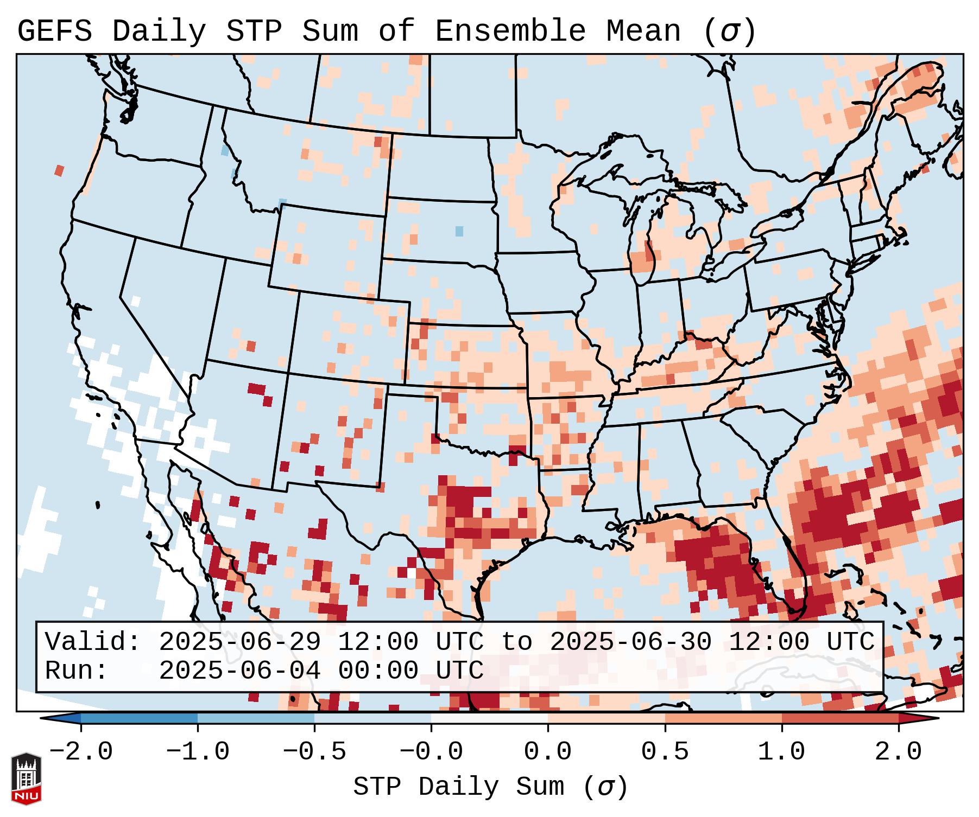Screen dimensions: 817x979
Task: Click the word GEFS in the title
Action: (54, 31)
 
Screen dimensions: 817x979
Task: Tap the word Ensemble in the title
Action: (510, 31)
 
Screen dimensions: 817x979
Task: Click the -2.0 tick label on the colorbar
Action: (81, 752)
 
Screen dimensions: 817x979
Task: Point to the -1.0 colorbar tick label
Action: (198, 752)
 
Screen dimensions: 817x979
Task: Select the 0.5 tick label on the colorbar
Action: (665, 752)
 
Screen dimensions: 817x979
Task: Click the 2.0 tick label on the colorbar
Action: (898, 752)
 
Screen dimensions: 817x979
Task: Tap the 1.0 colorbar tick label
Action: (781, 752)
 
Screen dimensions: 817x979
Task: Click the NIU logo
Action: (26, 778)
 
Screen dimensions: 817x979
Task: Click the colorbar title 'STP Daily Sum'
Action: (458, 787)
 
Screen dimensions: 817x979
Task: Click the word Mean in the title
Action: (643, 31)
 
